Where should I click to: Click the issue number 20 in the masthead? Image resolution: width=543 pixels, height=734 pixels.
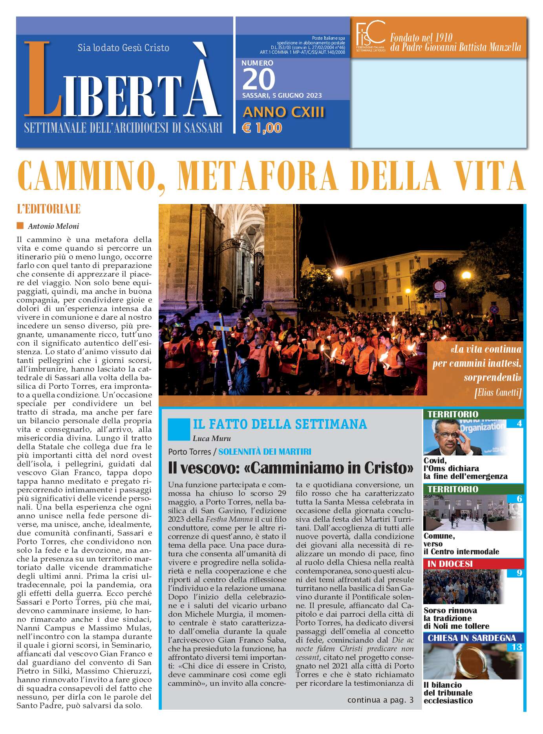259,80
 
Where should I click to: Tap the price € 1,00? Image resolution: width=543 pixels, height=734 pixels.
262,128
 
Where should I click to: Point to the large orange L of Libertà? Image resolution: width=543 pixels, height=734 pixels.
43,80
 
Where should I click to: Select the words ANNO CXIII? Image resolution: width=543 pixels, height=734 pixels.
283,112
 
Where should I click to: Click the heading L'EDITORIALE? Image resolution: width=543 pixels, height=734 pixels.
49,209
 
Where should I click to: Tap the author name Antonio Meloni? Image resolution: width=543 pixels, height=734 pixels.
53,226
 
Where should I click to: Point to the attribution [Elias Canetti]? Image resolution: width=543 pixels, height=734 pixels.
498,393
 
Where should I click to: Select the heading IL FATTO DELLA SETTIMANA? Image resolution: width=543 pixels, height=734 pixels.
280,424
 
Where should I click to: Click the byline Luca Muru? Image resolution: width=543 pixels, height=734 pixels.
212,439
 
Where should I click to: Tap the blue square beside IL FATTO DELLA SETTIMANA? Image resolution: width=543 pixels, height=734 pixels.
179,429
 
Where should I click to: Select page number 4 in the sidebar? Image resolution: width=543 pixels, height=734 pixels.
519,424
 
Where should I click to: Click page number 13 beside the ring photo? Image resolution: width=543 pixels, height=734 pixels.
517,647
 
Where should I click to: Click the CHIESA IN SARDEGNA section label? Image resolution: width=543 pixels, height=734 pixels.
471,638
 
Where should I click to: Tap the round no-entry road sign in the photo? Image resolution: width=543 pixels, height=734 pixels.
440,286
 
